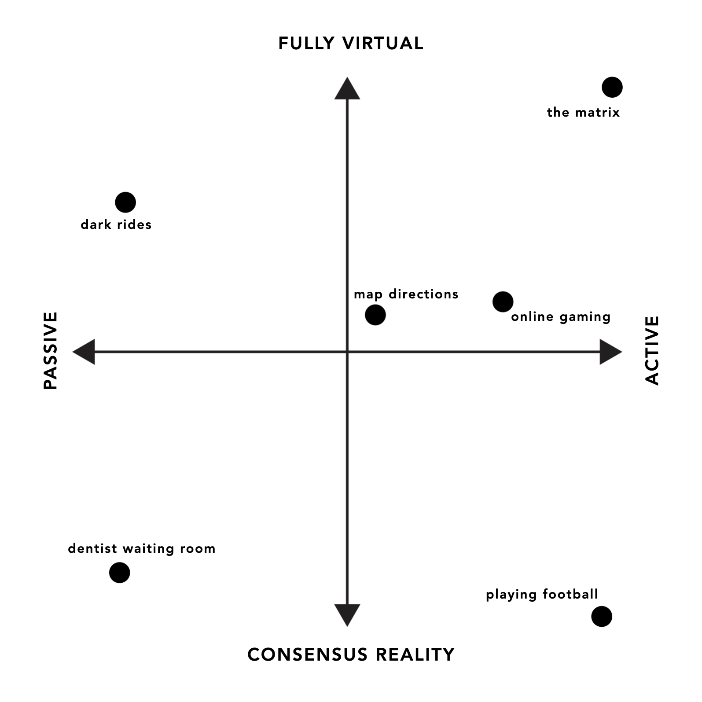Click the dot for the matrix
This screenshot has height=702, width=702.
612,87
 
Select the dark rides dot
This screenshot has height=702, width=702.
125,202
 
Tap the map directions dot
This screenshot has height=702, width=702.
375,315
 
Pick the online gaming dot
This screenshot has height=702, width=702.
503,302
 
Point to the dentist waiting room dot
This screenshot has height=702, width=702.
119,573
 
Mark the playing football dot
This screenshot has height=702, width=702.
602,616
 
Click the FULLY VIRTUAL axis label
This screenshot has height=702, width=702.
351,44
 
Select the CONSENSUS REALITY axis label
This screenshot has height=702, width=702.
351,654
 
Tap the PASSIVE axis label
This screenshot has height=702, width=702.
51,351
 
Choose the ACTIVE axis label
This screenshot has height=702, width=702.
652,351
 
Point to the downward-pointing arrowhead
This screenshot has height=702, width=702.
347,615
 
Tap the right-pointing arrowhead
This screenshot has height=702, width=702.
610,352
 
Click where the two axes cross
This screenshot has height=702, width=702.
347,352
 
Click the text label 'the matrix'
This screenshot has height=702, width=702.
583,113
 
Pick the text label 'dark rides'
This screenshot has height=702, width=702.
116,224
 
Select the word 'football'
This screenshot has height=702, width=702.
570,594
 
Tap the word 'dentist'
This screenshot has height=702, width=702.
92,548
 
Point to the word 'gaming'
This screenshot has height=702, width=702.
585,317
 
